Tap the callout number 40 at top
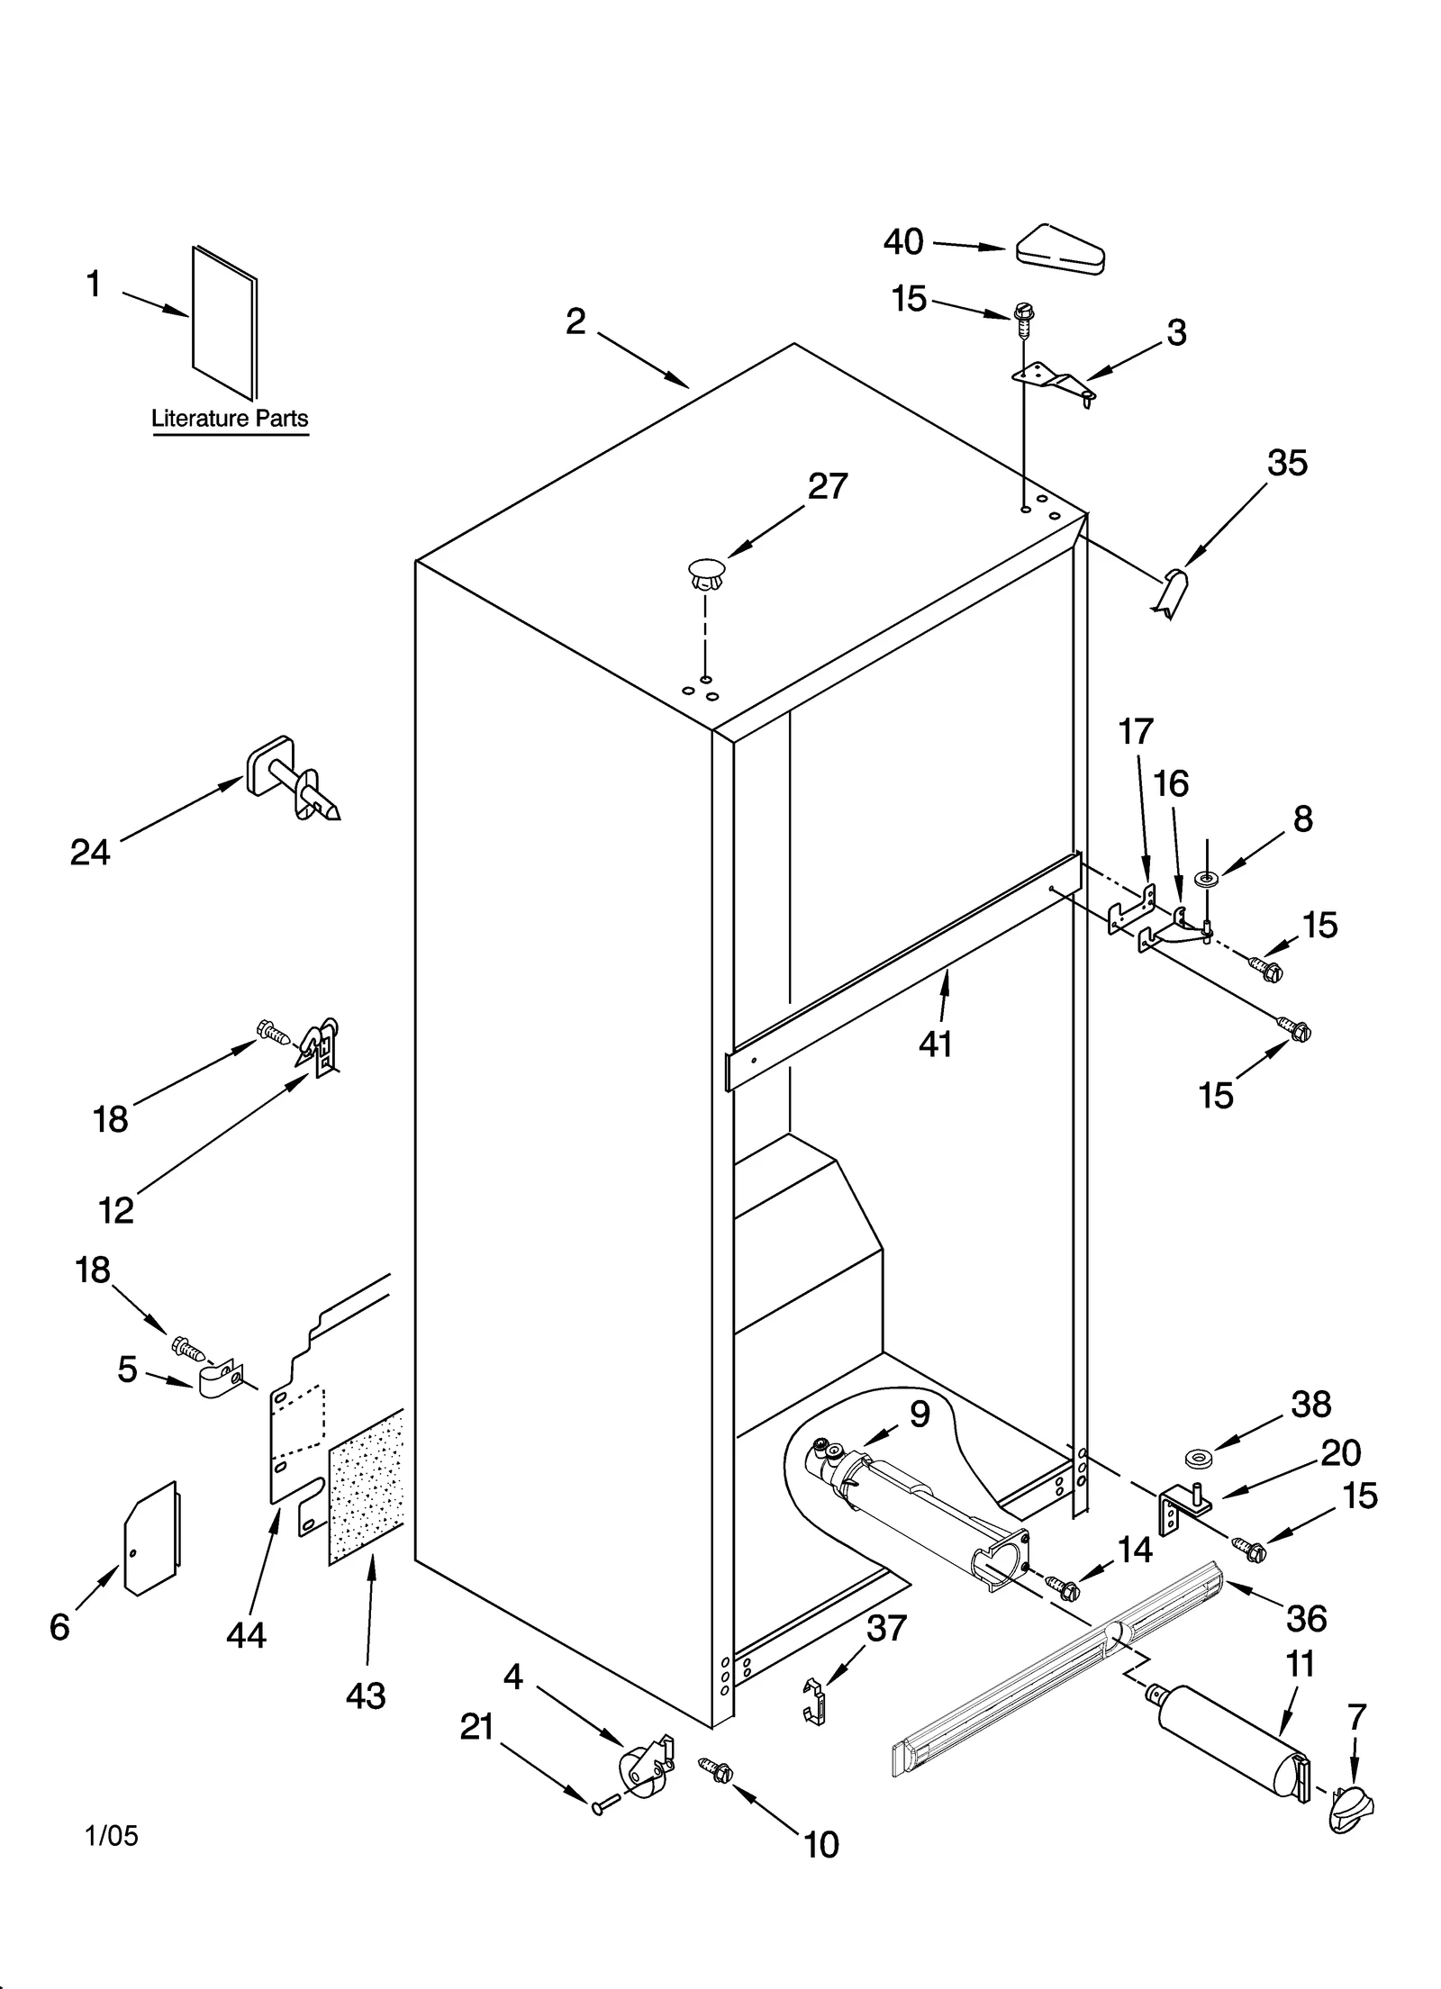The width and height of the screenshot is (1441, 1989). pos(903,242)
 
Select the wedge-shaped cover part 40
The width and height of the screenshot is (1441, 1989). pos(1062,249)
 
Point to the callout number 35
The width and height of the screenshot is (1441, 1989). pos(1287,463)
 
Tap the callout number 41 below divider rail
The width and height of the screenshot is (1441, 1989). pos(936,1044)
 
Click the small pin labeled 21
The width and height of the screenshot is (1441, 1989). pos(605,1804)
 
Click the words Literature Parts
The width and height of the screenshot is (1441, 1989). pos(230,418)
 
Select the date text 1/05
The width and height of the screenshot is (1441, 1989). pos(113,1835)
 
